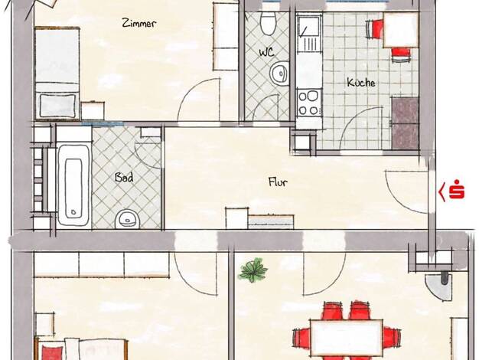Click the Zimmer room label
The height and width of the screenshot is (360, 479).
139,23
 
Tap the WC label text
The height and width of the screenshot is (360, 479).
267,52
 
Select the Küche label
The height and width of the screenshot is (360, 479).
361,82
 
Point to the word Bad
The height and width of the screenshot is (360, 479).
124,178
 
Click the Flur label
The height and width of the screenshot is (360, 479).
278,182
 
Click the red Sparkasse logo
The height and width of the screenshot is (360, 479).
451,190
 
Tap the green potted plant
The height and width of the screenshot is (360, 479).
253,270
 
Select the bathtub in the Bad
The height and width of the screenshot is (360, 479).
74,186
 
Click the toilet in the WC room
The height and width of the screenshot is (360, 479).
269,23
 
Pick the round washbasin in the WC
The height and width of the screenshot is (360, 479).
279,74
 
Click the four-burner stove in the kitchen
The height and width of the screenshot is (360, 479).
309,103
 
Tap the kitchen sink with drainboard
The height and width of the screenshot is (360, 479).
309,34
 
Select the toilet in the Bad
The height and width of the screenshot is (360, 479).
128,219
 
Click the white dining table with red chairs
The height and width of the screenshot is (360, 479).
347,338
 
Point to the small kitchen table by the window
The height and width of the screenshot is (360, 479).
400,30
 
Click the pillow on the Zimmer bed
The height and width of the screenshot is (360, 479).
57,106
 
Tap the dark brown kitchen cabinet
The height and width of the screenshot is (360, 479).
405,123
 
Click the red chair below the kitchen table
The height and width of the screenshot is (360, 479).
401,54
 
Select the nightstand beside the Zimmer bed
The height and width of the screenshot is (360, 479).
93,110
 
